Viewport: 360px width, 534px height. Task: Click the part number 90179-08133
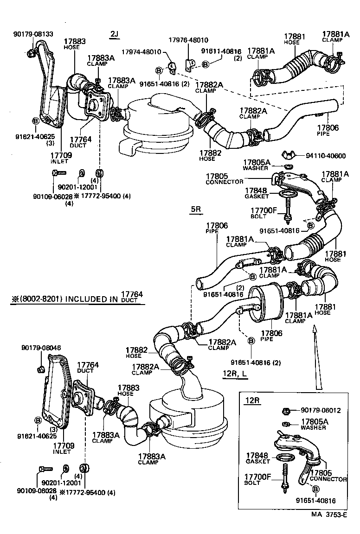pyautogui.click(x=33, y=34)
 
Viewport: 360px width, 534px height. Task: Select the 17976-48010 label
pyautogui.click(x=187, y=40)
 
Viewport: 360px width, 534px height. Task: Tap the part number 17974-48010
pyautogui.click(x=141, y=51)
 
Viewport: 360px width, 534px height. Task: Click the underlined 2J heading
pyautogui.click(x=115, y=34)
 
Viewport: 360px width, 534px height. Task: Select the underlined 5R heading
pyautogui.click(x=196, y=209)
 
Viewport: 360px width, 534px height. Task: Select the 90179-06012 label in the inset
pyautogui.click(x=321, y=410)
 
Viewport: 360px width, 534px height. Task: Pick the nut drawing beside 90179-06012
pyautogui.click(x=287, y=411)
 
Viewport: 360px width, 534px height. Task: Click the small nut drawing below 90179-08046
pyautogui.click(x=40, y=369)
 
